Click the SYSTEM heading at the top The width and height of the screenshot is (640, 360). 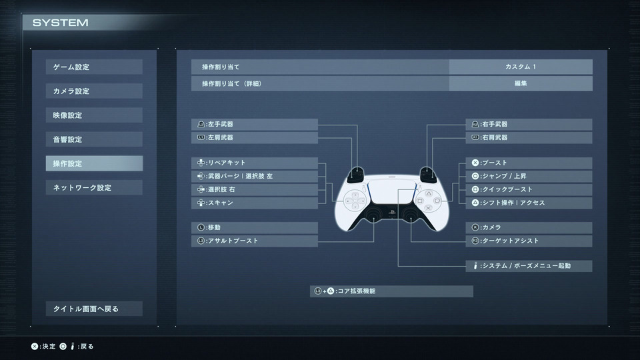61,23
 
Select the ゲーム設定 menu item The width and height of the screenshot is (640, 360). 94,67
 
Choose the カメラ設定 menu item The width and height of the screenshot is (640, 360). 94,91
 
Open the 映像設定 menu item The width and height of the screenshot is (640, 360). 94,115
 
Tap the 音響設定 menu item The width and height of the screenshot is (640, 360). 94,139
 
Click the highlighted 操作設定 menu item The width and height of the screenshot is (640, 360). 94,163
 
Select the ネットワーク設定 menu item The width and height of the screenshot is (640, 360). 94,187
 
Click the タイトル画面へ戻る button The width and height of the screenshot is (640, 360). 94,309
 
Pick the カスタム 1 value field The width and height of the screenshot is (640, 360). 521,67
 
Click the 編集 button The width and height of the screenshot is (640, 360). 521,83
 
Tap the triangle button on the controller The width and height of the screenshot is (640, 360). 428,193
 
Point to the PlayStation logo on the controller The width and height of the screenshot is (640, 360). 391,212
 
